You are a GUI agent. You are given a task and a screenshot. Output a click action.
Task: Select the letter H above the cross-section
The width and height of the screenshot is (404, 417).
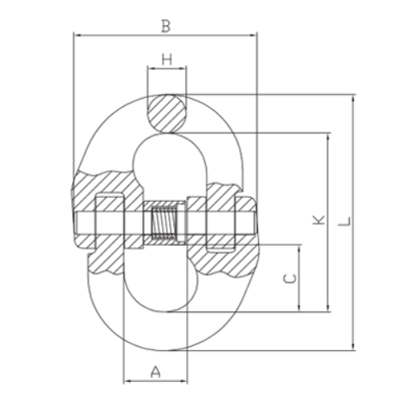point(167,59)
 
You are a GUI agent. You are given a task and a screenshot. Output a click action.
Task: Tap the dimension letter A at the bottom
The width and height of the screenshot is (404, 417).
point(155,370)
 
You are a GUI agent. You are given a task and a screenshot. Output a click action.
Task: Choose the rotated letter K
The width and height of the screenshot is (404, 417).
point(319,219)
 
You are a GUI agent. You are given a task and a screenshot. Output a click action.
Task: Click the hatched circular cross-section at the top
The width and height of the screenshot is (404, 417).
point(167,111)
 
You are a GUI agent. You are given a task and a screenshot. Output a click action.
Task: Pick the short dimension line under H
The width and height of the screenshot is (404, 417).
point(167,70)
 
